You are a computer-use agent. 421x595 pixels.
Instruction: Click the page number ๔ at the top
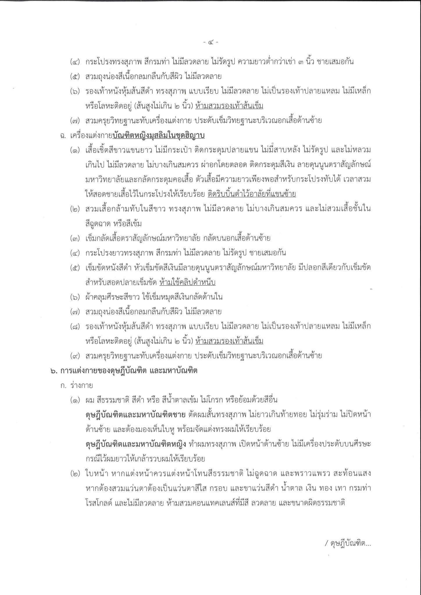pos(211,42)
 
